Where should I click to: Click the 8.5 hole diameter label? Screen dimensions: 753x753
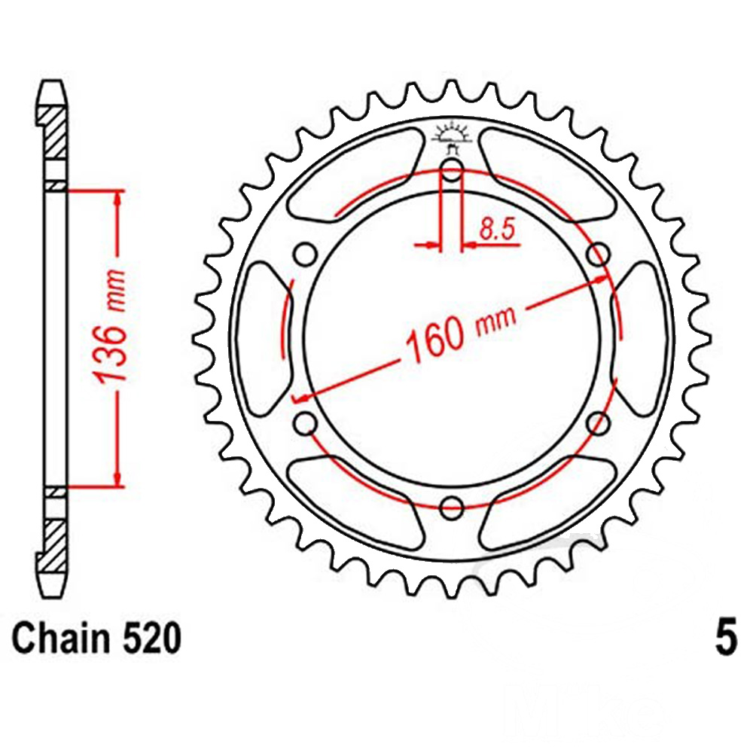tap(497, 229)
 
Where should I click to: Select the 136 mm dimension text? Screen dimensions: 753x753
tap(111, 328)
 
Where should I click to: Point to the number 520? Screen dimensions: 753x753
tap(152, 639)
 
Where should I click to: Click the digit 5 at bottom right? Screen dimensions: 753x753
tap(726, 639)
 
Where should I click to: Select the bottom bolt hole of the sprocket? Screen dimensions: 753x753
tap(451, 508)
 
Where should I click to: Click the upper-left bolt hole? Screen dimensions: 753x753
tap(305, 254)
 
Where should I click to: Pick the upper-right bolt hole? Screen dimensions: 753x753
tap(599, 254)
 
